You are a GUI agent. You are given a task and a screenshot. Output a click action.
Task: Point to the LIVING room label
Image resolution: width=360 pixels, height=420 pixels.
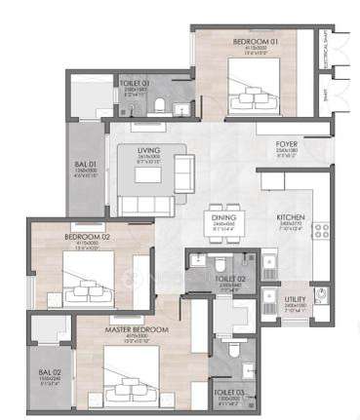click(x=148, y=150)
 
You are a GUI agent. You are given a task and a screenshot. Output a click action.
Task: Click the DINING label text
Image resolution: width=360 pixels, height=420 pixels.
click(x=223, y=218)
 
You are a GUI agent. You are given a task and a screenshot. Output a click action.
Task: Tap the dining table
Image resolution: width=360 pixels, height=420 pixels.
click(x=223, y=234)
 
